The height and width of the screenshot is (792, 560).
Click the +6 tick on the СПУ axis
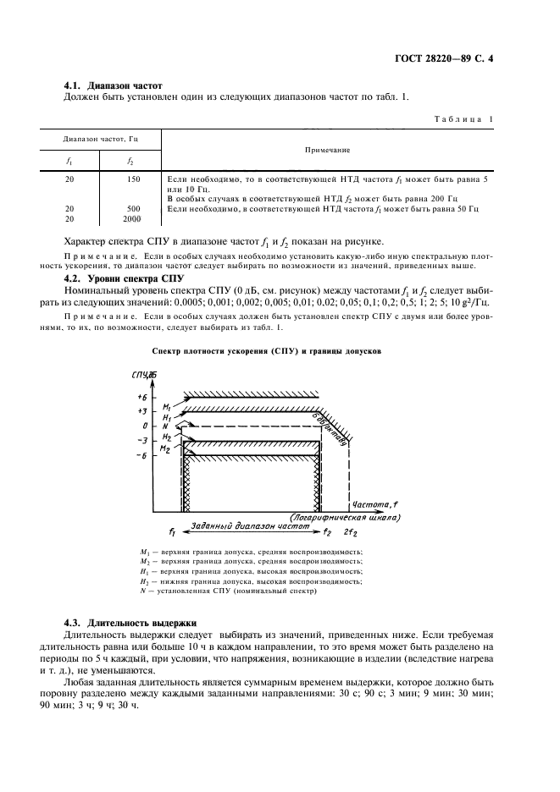click(x=141, y=397)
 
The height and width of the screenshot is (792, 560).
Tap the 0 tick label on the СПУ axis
click(x=145, y=425)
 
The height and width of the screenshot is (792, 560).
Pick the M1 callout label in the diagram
click(x=168, y=407)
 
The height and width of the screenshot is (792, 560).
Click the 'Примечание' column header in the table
click(x=328, y=150)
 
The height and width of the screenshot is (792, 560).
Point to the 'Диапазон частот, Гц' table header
click(x=99, y=137)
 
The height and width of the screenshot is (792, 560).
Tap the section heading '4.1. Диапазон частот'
click(x=114, y=85)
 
